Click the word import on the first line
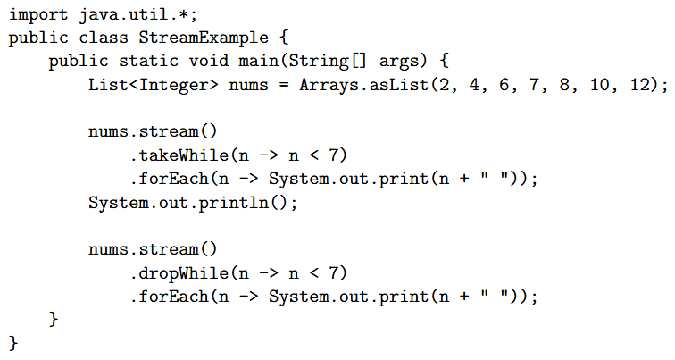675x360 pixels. (38, 15)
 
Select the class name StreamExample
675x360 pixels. (204, 38)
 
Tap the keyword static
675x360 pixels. (148, 61)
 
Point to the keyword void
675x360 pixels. (208, 61)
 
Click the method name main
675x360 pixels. (258, 61)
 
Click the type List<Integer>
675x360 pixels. (154, 84)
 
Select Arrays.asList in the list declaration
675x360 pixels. (364, 84)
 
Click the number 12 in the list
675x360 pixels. (640, 84)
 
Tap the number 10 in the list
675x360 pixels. (600, 84)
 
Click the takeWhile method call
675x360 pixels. (183, 155)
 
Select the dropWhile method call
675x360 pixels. (183, 273)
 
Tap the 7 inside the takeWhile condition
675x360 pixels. (334, 155)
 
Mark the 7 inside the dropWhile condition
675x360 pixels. (334, 273)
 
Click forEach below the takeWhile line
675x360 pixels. (173, 179)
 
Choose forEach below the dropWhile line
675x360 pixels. (173, 297)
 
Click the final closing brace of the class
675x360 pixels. (13, 343)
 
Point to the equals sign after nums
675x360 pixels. (284, 85)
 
